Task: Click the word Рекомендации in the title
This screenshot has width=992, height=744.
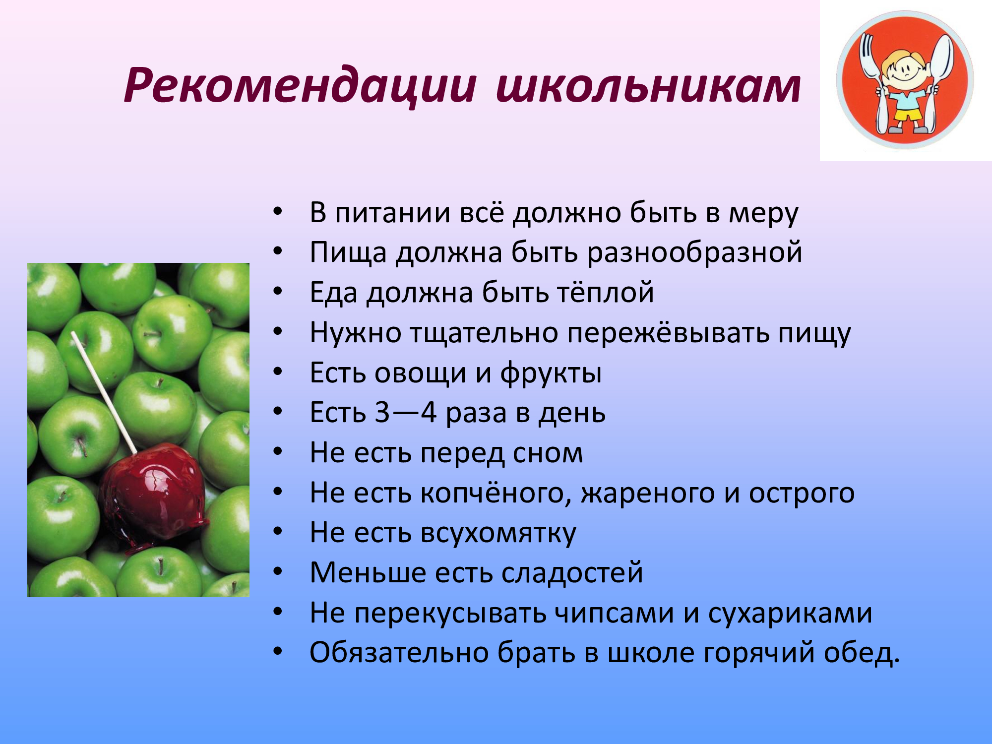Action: [x=300, y=85]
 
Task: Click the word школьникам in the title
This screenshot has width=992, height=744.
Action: [x=648, y=85]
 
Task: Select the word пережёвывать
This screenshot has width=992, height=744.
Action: [x=668, y=332]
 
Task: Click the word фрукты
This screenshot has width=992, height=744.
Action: [x=551, y=373]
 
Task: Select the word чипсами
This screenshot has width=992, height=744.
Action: [x=614, y=614]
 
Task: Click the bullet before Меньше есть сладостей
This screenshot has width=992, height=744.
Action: [x=278, y=572]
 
